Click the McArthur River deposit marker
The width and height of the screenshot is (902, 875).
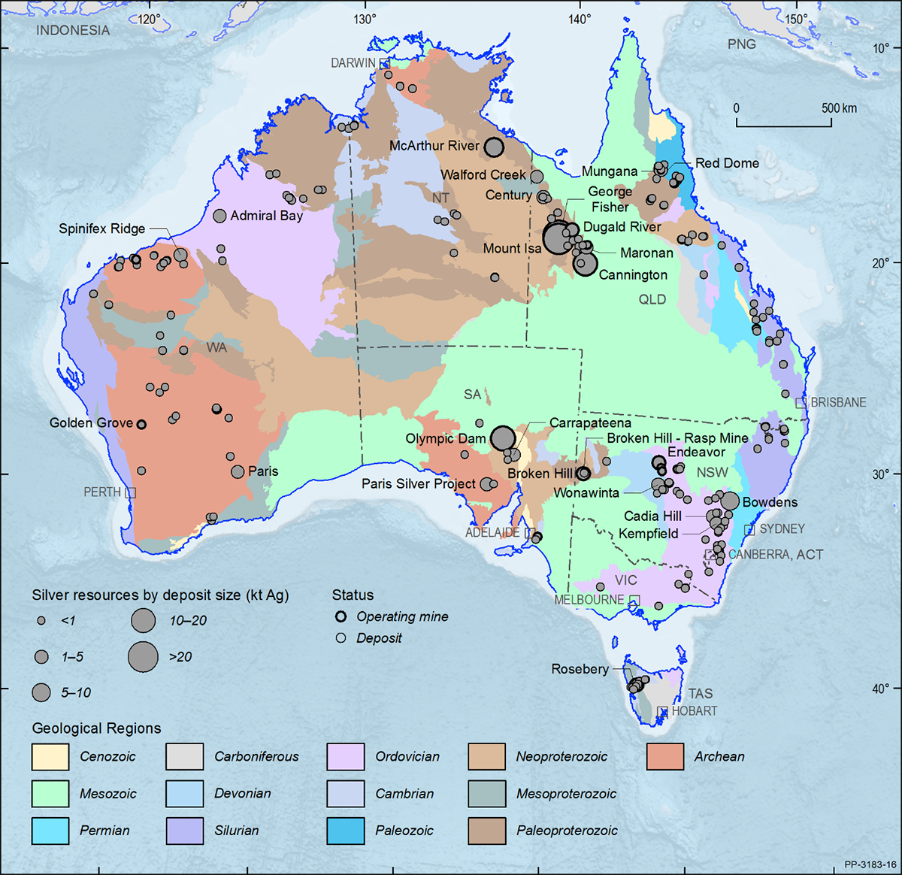pyautogui.click(x=494, y=147)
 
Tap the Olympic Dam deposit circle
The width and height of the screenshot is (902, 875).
pyautogui.click(x=503, y=438)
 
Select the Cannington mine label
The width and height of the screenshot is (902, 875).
pyautogui.click(x=632, y=275)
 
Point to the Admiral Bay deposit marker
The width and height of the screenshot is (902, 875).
pyautogui.click(x=219, y=216)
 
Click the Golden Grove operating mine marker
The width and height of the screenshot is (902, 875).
pyautogui.click(x=141, y=424)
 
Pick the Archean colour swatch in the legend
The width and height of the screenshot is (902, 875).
pyautogui.click(x=665, y=756)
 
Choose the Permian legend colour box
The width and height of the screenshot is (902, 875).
pyautogui.click(x=50, y=830)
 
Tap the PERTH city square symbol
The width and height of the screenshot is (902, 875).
pyautogui.click(x=131, y=492)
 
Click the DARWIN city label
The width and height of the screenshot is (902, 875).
pyautogui.click(x=353, y=63)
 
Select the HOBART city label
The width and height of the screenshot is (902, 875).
pyautogui.click(x=694, y=711)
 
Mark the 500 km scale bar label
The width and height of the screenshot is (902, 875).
pyautogui.click(x=839, y=108)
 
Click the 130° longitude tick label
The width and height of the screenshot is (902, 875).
pyautogui.click(x=365, y=20)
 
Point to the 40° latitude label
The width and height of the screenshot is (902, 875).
pyautogui.click(x=881, y=689)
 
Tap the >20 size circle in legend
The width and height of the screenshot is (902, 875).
pyautogui.click(x=143, y=656)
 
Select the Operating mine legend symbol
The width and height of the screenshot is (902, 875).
pyautogui.click(x=341, y=616)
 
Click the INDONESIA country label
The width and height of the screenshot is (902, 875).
pyautogui.click(x=73, y=31)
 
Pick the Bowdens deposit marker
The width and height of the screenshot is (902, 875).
pyautogui.click(x=729, y=501)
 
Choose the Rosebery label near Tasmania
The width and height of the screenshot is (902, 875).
pyautogui.click(x=580, y=669)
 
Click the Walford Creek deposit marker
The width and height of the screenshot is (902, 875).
pyautogui.click(x=537, y=177)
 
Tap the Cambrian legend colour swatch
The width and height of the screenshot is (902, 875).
pyautogui.click(x=346, y=793)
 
